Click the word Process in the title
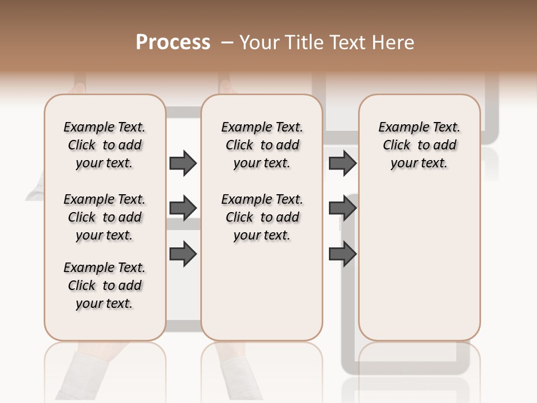point(173,43)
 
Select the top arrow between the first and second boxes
point(183,163)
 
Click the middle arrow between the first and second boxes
point(183,208)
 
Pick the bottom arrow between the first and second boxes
point(183,254)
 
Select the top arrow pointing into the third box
point(342,163)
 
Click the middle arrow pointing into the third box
point(342,208)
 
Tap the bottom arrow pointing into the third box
point(342,254)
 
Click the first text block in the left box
point(105,145)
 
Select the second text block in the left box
point(105,217)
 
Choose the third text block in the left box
point(105,285)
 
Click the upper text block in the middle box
point(262,145)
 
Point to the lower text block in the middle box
point(262,217)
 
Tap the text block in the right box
point(419,145)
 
